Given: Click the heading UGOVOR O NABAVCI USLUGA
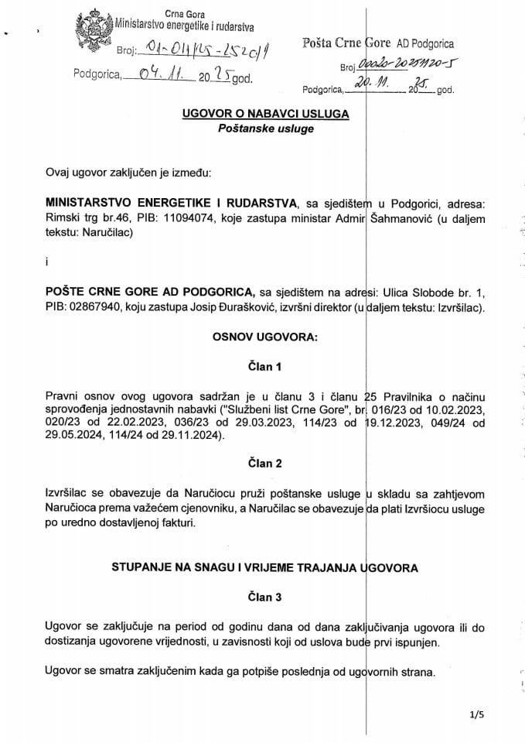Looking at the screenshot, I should click(x=264, y=113).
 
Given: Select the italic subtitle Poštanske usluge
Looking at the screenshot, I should click(x=264, y=128).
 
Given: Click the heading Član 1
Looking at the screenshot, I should click(x=264, y=365).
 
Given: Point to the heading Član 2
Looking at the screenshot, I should click(x=264, y=464).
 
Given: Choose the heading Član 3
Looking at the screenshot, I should click(x=264, y=597).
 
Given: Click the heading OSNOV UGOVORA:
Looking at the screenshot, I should click(x=264, y=337).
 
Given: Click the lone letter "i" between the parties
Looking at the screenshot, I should click(x=46, y=262).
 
